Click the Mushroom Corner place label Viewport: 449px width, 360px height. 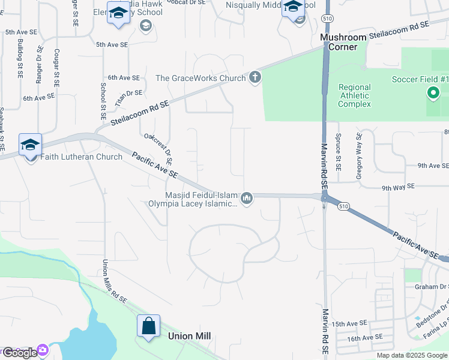tap(343, 42)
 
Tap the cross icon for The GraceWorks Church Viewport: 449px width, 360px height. tap(255, 77)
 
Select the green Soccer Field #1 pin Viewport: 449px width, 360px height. tap(432, 93)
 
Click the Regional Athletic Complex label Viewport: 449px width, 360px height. tap(354, 95)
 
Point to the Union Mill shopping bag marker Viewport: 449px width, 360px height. tap(149, 327)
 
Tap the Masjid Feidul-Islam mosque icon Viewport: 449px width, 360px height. tap(247, 198)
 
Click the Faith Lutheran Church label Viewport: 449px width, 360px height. tap(82, 157)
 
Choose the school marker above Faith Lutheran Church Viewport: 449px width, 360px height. tap(30, 145)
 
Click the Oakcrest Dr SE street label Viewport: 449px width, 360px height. tap(158, 149)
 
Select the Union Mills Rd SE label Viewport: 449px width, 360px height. tap(114, 281)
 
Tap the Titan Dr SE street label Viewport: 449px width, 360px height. tap(128, 97)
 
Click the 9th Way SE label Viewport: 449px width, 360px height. tap(399, 187)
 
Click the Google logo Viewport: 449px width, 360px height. tap(19, 353)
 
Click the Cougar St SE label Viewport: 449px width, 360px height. tap(56, 67)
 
